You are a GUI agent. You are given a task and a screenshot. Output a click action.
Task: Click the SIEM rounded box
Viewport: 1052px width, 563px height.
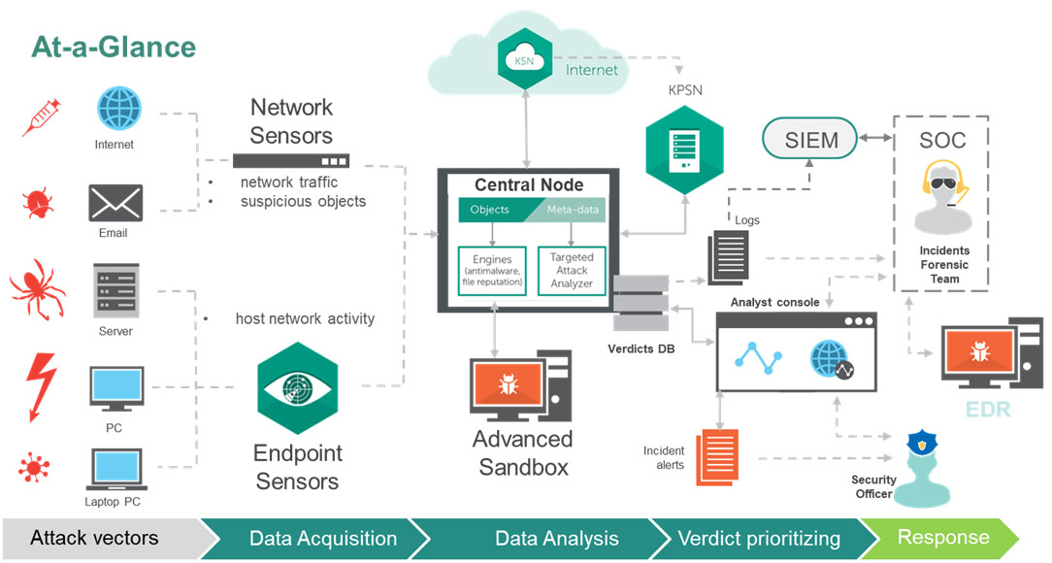(x=809, y=139)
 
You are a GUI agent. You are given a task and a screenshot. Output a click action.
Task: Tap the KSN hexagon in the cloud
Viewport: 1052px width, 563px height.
(x=525, y=60)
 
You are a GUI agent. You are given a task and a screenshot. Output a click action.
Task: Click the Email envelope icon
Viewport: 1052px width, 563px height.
(x=115, y=203)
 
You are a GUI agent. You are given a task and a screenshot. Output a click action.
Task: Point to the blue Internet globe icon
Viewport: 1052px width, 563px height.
(x=118, y=108)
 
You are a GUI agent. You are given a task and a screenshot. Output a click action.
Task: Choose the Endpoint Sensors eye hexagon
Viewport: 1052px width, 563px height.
(x=297, y=388)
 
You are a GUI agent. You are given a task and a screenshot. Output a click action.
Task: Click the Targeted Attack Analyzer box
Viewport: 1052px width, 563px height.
(x=571, y=271)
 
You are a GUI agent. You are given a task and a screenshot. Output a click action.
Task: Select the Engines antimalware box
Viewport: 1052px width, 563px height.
(x=492, y=271)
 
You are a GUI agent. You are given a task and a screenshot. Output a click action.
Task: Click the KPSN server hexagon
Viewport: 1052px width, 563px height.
(x=684, y=149)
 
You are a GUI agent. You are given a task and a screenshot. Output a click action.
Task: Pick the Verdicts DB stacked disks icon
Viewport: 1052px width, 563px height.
(x=641, y=303)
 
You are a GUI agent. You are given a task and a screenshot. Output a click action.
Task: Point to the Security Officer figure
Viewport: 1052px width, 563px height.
(x=922, y=470)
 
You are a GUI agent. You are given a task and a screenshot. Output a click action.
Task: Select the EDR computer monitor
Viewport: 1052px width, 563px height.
(x=992, y=353)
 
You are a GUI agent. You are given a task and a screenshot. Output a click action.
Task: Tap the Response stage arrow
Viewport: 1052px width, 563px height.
(x=942, y=538)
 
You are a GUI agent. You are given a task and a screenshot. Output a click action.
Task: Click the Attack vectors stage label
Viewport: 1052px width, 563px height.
(x=94, y=538)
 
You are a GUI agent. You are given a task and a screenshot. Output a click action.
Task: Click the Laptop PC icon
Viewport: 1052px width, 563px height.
(x=116, y=469)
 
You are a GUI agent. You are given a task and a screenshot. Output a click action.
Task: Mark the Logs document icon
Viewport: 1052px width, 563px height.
(x=728, y=257)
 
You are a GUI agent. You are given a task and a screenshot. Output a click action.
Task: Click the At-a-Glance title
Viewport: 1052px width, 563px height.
(x=115, y=47)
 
